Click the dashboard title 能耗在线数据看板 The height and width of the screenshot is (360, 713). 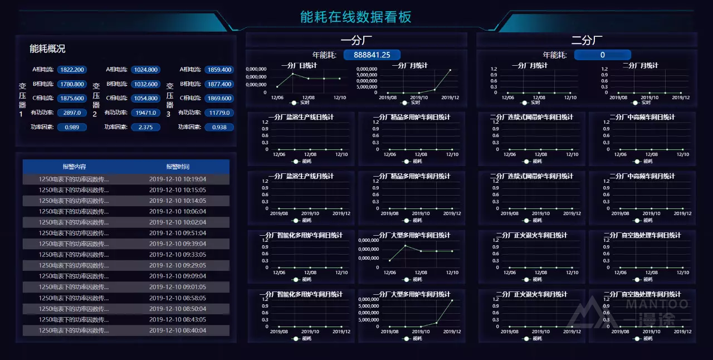[355, 17]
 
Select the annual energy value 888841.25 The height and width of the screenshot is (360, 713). [372, 55]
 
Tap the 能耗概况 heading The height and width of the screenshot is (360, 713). [47, 48]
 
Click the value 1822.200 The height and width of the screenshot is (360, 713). [72, 70]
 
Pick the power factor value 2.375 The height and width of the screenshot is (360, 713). [145, 127]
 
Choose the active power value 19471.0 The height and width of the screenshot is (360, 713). [145, 113]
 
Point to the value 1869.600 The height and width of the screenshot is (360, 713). [219, 98]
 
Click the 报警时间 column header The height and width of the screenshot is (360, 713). [177, 167]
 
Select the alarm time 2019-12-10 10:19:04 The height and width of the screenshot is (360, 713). [177, 179]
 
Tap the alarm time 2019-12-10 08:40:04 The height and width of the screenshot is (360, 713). [177, 330]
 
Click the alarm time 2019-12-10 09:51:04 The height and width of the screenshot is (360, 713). [177, 233]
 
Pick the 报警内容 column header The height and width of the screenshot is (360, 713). [74, 167]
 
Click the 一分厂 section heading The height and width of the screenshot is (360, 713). [356, 40]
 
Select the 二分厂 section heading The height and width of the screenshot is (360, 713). [587, 40]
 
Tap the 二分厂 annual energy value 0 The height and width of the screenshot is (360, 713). [602, 55]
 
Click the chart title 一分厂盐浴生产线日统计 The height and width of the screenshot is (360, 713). [301, 117]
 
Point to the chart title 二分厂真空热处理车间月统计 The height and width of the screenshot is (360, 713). [642, 294]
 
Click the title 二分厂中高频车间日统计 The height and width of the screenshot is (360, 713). [642, 117]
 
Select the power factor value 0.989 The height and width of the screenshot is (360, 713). [72, 127]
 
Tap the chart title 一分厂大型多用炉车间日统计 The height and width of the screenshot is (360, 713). [412, 235]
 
